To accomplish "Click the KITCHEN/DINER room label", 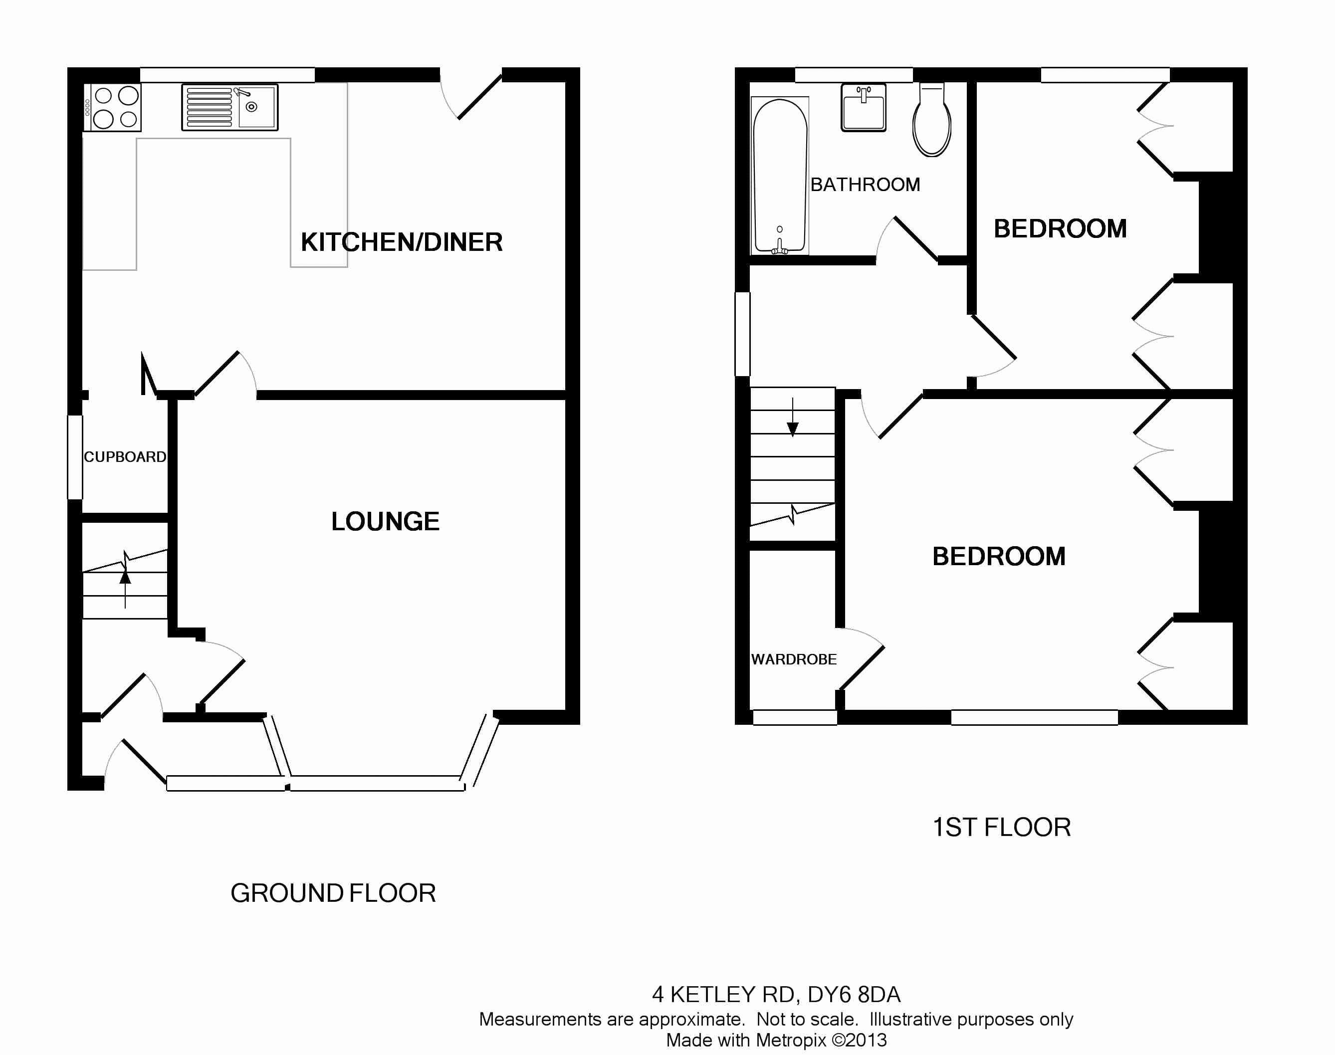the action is pos(402,242).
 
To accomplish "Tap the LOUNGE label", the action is pos(386,521).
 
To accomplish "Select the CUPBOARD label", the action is pos(125,456).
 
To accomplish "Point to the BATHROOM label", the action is pos(865,185).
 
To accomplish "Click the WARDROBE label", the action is pos(794,659).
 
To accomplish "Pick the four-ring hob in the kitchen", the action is pos(112,107).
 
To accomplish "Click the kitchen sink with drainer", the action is pos(230,107).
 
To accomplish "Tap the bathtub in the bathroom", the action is pos(780,176).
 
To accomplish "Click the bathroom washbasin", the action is pos(864,107).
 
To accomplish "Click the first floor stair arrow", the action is pos(793,417).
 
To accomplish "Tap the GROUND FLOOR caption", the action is pos(333,893).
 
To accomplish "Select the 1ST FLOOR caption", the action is pos(1001,827).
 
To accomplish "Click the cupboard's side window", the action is pos(75,457).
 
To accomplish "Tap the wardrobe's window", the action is pos(795,717).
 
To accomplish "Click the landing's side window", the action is pos(742,334).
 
